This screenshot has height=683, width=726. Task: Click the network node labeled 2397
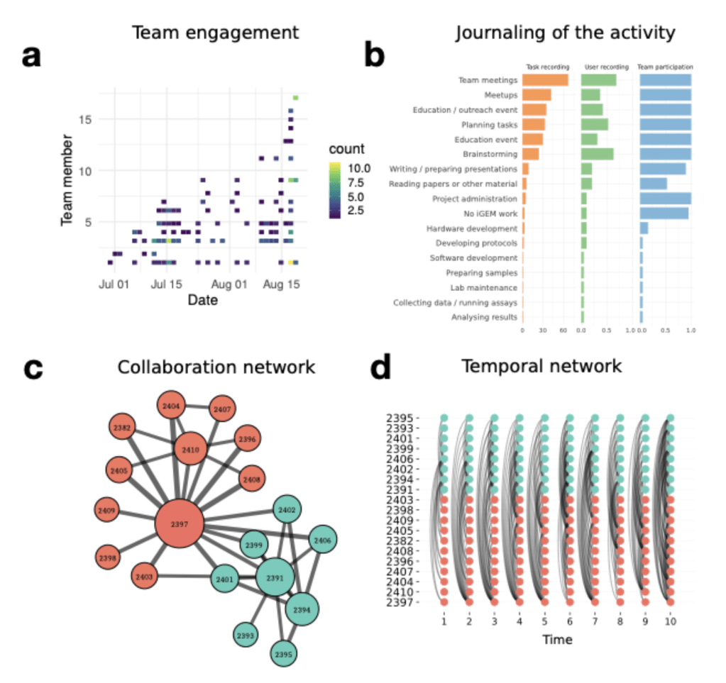coord(180,525)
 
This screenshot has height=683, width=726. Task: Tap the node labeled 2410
coord(189,450)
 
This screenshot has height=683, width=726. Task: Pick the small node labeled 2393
coord(246,635)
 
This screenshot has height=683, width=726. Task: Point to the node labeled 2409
coord(109,509)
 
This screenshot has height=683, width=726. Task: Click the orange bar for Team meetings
coord(545,80)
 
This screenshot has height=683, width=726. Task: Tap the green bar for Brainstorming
coord(597,154)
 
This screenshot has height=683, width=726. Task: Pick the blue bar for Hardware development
coord(644,228)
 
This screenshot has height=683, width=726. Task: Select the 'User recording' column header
coord(605,67)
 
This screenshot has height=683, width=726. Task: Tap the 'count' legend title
coord(346,150)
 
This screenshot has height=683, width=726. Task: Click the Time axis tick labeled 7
coord(594,621)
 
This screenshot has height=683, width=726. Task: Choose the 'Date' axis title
coord(202,300)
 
